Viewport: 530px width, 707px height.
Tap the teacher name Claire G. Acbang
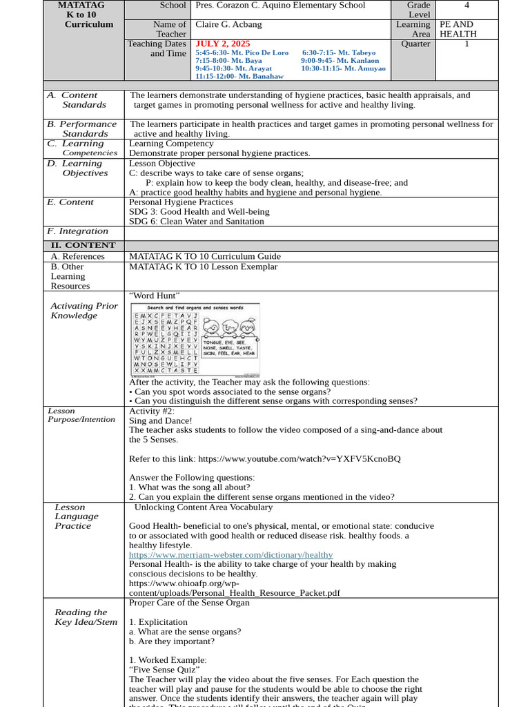tap(229, 25)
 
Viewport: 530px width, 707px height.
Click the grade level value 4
tap(467, 6)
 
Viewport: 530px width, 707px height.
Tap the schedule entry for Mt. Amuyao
tap(343, 68)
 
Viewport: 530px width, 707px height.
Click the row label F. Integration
tap(77, 231)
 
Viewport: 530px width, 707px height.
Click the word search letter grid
tap(166, 342)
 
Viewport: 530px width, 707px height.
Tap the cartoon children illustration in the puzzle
tap(229, 326)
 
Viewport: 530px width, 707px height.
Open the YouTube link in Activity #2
tap(299, 458)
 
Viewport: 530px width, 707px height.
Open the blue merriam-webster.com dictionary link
tap(230, 554)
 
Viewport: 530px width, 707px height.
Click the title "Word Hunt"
tap(155, 296)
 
